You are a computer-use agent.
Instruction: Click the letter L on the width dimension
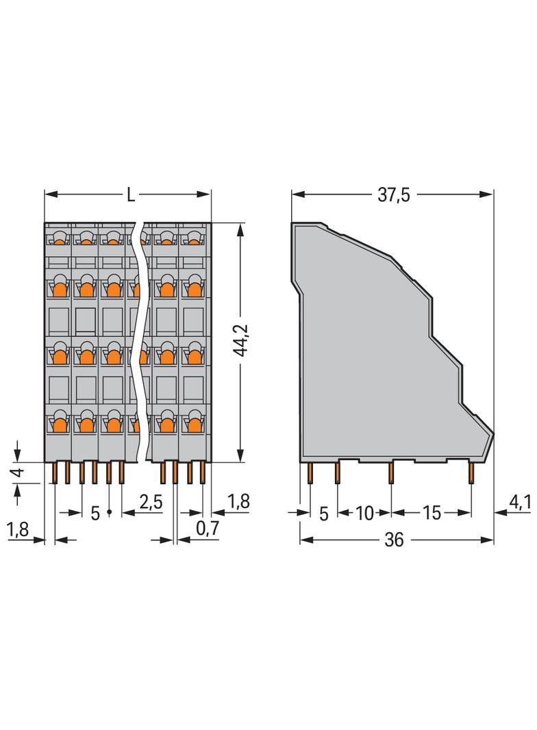pyautogui.click(x=130, y=195)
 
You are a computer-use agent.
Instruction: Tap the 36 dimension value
pyautogui.click(x=394, y=540)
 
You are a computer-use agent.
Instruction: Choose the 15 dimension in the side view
pyautogui.click(x=432, y=513)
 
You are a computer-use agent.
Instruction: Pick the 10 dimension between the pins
pyautogui.click(x=364, y=513)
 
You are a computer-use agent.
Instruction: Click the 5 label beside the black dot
pyautogui.click(x=95, y=513)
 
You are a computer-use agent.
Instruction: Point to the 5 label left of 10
pyautogui.click(x=324, y=513)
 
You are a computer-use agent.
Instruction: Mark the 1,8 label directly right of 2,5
pyautogui.click(x=238, y=502)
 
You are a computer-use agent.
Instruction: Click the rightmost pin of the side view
pyautogui.click(x=471, y=473)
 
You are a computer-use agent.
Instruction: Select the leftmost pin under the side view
pyautogui.click(x=310, y=473)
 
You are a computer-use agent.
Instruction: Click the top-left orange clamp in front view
pyautogui.click(x=59, y=240)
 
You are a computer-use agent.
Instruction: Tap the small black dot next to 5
pyautogui.click(x=109, y=512)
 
